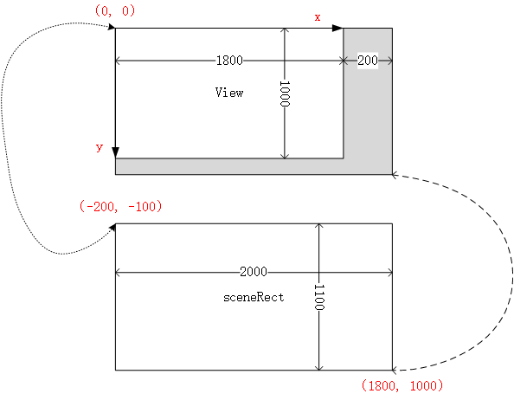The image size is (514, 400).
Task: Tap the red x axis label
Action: tap(317, 16)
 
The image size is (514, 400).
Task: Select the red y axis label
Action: tap(100, 148)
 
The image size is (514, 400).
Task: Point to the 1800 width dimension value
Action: tap(230, 61)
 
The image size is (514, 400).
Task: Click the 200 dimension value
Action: tap(367, 61)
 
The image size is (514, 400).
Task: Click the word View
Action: tap(229, 93)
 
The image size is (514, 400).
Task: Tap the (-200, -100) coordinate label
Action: tap(120, 207)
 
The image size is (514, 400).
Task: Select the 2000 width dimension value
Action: tap(254, 272)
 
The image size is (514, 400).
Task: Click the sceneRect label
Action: tap(254, 297)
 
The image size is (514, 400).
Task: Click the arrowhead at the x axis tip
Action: tap(338, 28)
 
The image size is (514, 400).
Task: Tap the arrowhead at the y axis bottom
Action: tap(115, 152)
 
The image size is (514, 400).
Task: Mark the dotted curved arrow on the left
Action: tap(10, 130)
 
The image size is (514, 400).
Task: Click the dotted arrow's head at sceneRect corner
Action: tap(112, 228)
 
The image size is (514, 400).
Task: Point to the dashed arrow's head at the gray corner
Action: tap(395, 175)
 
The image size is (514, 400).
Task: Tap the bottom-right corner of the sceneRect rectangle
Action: tap(392, 370)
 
